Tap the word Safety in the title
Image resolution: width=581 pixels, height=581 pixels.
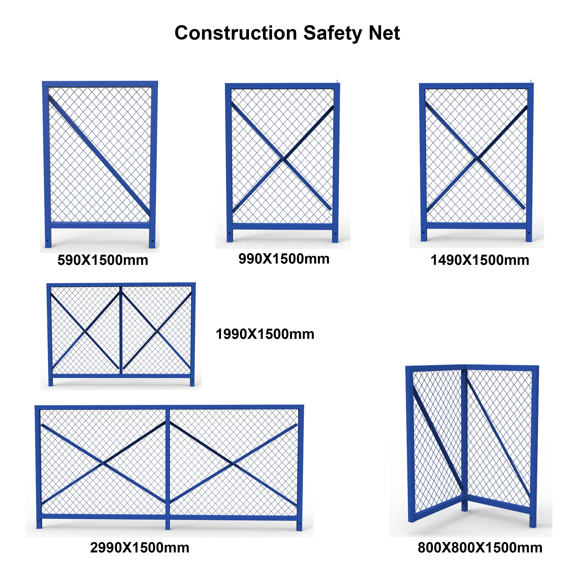pyautogui.click(x=332, y=33)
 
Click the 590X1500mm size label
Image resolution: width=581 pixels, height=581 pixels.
pyautogui.click(x=103, y=260)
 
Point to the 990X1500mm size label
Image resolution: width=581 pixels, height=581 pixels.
pyautogui.click(x=284, y=259)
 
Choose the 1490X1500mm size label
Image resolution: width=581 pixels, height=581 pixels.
pyautogui.click(x=480, y=260)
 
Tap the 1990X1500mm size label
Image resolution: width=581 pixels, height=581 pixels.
pyautogui.click(x=265, y=334)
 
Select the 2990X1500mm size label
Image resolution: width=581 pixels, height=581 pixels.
pyautogui.click(x=140, y=548)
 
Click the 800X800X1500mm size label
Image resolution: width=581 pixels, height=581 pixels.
pyautogui.click(x=480, y=548)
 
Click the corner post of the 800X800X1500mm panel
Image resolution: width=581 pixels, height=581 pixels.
pyautogui.click(x=464, y=436)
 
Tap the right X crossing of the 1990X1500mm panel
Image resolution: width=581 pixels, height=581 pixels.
pyautogui.click(x=157, y=332)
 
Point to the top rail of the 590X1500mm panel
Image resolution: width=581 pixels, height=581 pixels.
pyautogui.click(x=100, y=84)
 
